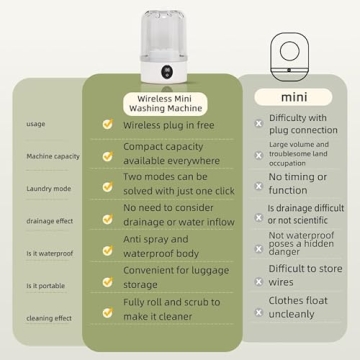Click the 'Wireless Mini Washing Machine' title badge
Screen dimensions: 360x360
166,103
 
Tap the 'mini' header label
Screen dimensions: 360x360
293,97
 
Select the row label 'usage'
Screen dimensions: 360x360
36,124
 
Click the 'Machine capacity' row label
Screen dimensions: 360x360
53,156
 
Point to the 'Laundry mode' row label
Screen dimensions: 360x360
49,189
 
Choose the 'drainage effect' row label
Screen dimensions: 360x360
50,221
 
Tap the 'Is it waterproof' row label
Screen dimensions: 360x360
50,254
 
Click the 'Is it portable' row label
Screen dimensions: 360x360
46,286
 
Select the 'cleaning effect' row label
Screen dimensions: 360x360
49,318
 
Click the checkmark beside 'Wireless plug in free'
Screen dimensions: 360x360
108,124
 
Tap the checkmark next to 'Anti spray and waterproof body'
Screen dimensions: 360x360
108,250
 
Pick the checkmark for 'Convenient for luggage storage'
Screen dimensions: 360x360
108,282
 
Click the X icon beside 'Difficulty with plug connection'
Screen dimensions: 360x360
259,124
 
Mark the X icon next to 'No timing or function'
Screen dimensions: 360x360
259,186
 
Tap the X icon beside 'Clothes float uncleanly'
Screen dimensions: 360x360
259,312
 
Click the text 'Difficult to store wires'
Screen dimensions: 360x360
305,275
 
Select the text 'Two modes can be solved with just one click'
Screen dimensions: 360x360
179,184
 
